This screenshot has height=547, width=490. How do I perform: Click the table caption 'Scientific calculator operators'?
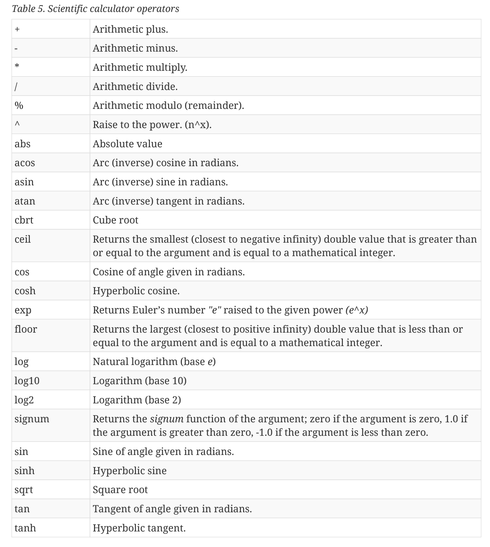pyautogui.click(x=95, y=9)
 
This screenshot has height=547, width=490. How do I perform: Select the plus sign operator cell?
pyautogui.click(x=17, y=29)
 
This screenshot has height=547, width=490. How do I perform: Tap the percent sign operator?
pyautogui.click(x=19, y=105)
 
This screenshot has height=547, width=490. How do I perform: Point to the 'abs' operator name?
pyautogui.click(x=22, y=144)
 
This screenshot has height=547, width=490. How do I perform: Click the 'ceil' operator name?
pyautogui.click(x=23, y=239)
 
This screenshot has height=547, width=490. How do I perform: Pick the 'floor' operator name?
pyautogui.click(x=26, y=329)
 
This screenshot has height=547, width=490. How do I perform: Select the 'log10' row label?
pyautogui.click(x=27, y=381)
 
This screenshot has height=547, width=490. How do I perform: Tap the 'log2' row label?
pyautogui.click(x=24, y=400)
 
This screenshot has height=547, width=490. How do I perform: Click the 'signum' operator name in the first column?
pyautogui.click(x=32, y=419)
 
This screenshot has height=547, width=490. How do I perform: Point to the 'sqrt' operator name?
pyautogui.click(x=24, y=490)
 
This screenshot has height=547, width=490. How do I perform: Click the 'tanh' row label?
pyautogui.click(x=25, y=528)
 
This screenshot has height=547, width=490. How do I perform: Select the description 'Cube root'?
pyautogui.click(x=116, y=220)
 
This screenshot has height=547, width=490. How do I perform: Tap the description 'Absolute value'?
pyautogui.click(x=127, y=144)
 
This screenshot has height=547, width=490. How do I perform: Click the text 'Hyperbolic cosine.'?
pyautogui.click(x=136, y=291)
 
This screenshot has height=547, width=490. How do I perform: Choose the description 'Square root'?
pyautogui.click(x=120, y=490)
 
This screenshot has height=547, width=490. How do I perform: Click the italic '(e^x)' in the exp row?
pyautogui.click(x=357, y=310)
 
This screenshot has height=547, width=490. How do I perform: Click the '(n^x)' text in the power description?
pyautogui.click(x=198, y=125)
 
